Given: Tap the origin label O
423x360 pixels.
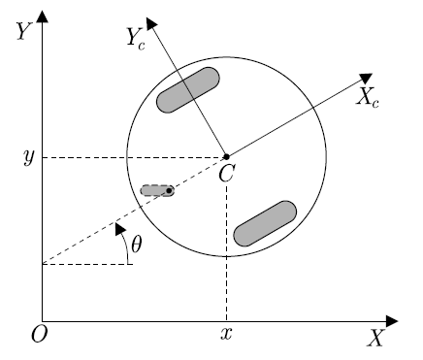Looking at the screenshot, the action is point(40,335).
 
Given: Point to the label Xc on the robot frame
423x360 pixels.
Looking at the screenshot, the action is point(368,97).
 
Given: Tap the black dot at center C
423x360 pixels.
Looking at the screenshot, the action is point(226,156).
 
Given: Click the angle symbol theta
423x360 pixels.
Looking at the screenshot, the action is point(136,245).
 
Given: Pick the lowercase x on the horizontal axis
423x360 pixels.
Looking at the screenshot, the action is point(226,335).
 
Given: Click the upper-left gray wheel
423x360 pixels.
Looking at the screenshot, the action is point(188,89).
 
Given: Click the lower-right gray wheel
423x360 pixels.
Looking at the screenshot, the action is point(265,223).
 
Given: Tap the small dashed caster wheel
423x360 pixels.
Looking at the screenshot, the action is point(156,190).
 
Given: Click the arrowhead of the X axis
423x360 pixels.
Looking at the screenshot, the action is point(392,320).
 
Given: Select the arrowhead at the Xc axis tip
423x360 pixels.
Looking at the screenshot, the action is point(367,78).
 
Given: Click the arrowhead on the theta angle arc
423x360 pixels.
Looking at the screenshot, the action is point(118,228).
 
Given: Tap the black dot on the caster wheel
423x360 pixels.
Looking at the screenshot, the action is point(169,190).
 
